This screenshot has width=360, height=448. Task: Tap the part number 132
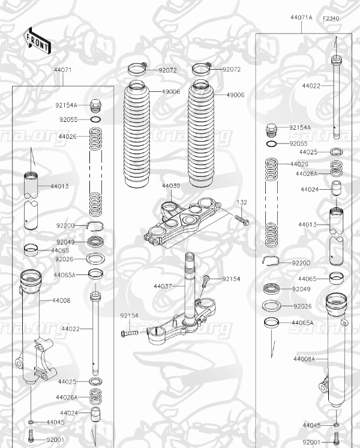click(x=241, y=202)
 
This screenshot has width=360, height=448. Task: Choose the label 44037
click(x=163, y=287)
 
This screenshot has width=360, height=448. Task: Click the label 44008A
click(x=304, y=359)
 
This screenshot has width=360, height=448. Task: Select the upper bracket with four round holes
click(x=183, y=222)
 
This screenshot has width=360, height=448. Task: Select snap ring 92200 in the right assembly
click(x=272, y=261)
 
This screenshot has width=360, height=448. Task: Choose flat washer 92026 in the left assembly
click(x=94, y=259)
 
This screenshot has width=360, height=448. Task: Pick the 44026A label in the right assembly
click(x=305, y=174)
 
